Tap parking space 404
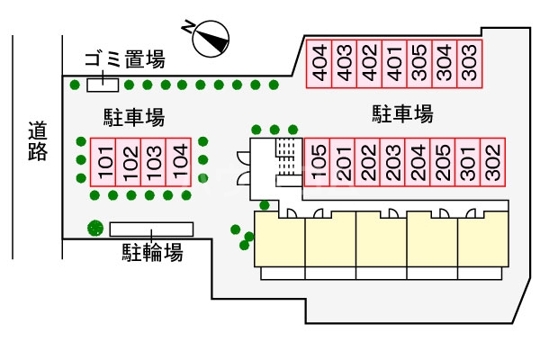[318, 64]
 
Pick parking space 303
[468, 64]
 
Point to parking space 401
[392, 64]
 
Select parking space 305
[418, 64]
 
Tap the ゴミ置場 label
[124, 60]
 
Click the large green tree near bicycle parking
[94, 228]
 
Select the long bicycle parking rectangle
[152, 229]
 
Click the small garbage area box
[103, 85]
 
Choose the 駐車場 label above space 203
[403, 114]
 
